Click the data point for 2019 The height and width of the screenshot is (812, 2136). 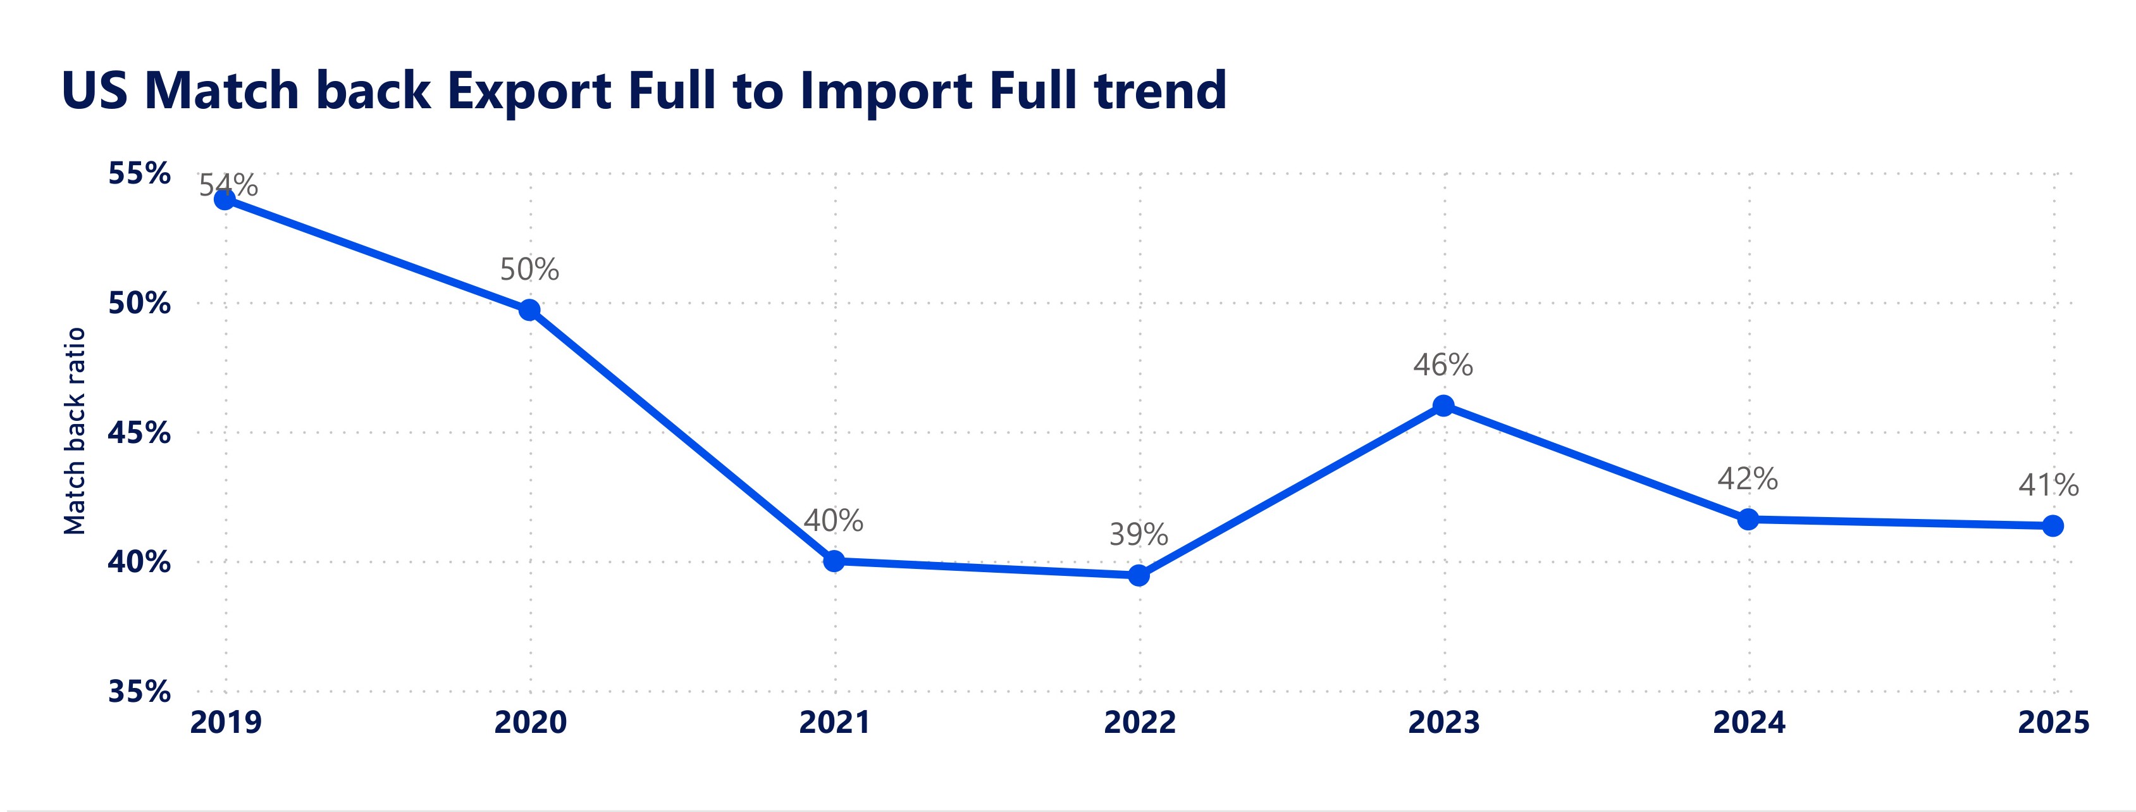[x=225, y=199]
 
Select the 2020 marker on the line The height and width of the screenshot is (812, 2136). [x=529, y=310]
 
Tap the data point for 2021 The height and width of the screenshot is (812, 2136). [x=834, y=561]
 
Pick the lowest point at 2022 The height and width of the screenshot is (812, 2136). [x=1139, y=575]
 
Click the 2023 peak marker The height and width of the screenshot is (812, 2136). [x=1443, y=406]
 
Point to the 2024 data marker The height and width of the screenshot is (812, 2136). [x=1748, y=519]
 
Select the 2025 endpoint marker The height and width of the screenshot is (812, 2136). [x=2053, y=525]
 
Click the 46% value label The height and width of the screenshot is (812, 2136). [x=1443, y=365]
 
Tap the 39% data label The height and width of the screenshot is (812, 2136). [x=1139, y=535]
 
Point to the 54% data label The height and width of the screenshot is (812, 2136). [x=229, y=185]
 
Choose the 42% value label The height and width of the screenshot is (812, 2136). [x=1747, y=478]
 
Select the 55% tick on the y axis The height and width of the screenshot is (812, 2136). [x=139, y=174]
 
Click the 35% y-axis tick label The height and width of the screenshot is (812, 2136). [x=139, y=691]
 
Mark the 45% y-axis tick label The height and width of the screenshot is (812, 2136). [x=139, y=433]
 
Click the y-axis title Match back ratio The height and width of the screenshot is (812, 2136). [x=75, y=430]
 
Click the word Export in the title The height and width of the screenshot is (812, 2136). [x=530, y=91]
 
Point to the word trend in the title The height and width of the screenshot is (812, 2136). [x=1160, y=91]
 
